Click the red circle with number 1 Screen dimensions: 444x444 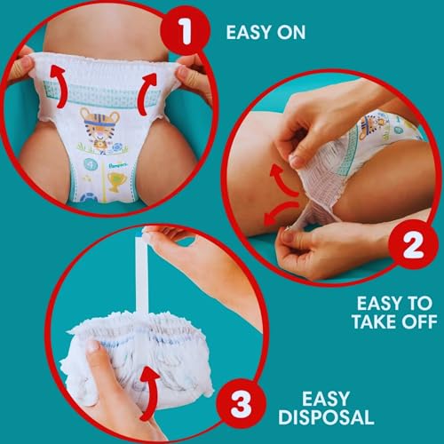tap(186, 31)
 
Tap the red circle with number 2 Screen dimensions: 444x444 tap(413, 244)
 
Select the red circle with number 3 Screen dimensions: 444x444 tap(241, 403)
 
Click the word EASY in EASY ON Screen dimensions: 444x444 tap(249, 32)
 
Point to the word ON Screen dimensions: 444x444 tap(291, 32)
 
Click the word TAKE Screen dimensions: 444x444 tap(374, 321)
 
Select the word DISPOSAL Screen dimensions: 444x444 tap(326, 417)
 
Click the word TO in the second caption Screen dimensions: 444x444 tap(420, 304)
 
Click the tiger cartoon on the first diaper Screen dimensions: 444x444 tap(99, 129)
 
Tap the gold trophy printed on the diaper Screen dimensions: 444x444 tap(117, 181)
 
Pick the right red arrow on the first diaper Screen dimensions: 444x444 tap(148, 94)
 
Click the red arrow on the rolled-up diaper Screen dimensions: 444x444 tap(150, 392)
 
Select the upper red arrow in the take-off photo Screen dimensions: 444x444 tap(283, 180)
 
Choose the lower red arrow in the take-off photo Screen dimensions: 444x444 tap(280, 211)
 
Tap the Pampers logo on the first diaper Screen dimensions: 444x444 tap(118, 164)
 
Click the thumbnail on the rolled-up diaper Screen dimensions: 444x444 tap(94, 347)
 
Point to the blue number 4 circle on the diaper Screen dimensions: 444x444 tap(91, 164)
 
